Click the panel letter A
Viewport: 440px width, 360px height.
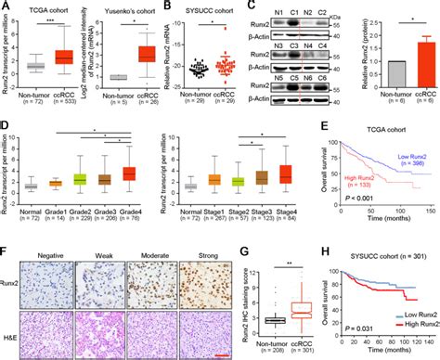(x=6, y=6)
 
